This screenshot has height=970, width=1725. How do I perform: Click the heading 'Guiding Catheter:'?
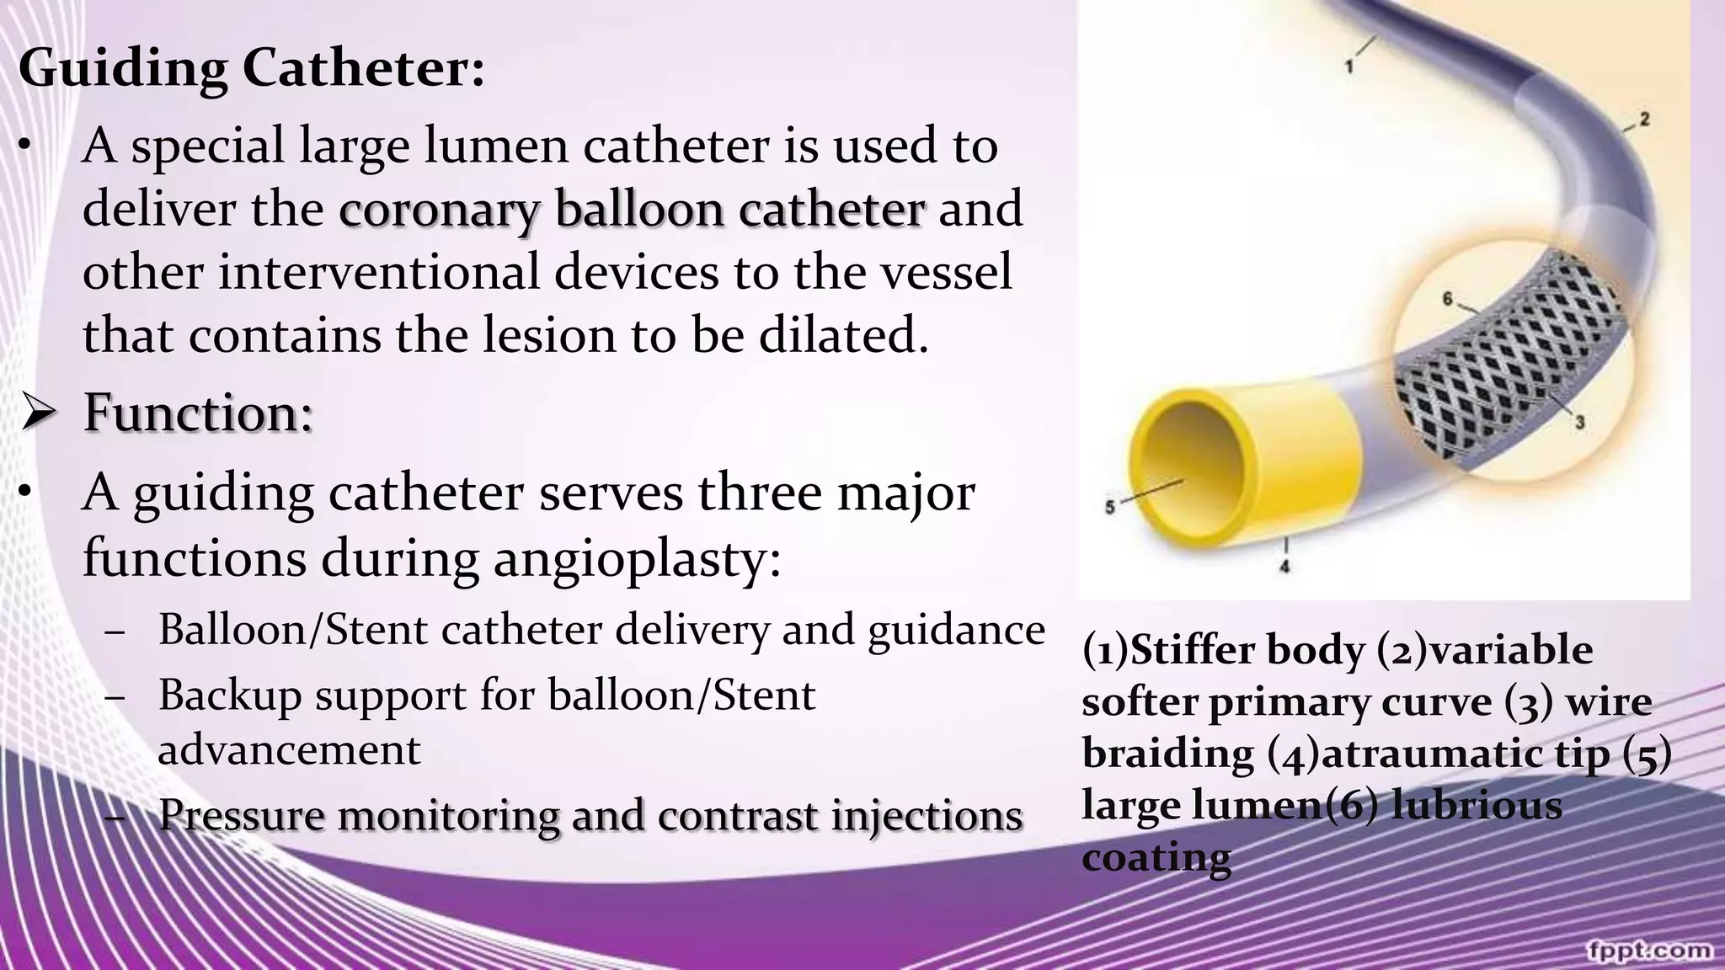click(x=251, y=67)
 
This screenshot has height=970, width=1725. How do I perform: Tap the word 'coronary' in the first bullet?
click(x=438, y=209)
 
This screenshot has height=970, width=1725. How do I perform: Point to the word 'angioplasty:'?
click(x=638, y=557)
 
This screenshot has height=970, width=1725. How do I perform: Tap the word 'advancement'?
click(x=289, y=749)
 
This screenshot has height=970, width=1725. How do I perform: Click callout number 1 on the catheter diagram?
click(x=1349, y=66)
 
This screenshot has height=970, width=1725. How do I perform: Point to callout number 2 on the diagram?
click(x=1644, y=120)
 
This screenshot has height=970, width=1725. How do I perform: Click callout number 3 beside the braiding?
click(x=1580, y=421)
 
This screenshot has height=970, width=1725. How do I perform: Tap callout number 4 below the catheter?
click(x=1285, y=567)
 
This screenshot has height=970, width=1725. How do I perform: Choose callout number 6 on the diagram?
click(x=1448, y=299)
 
